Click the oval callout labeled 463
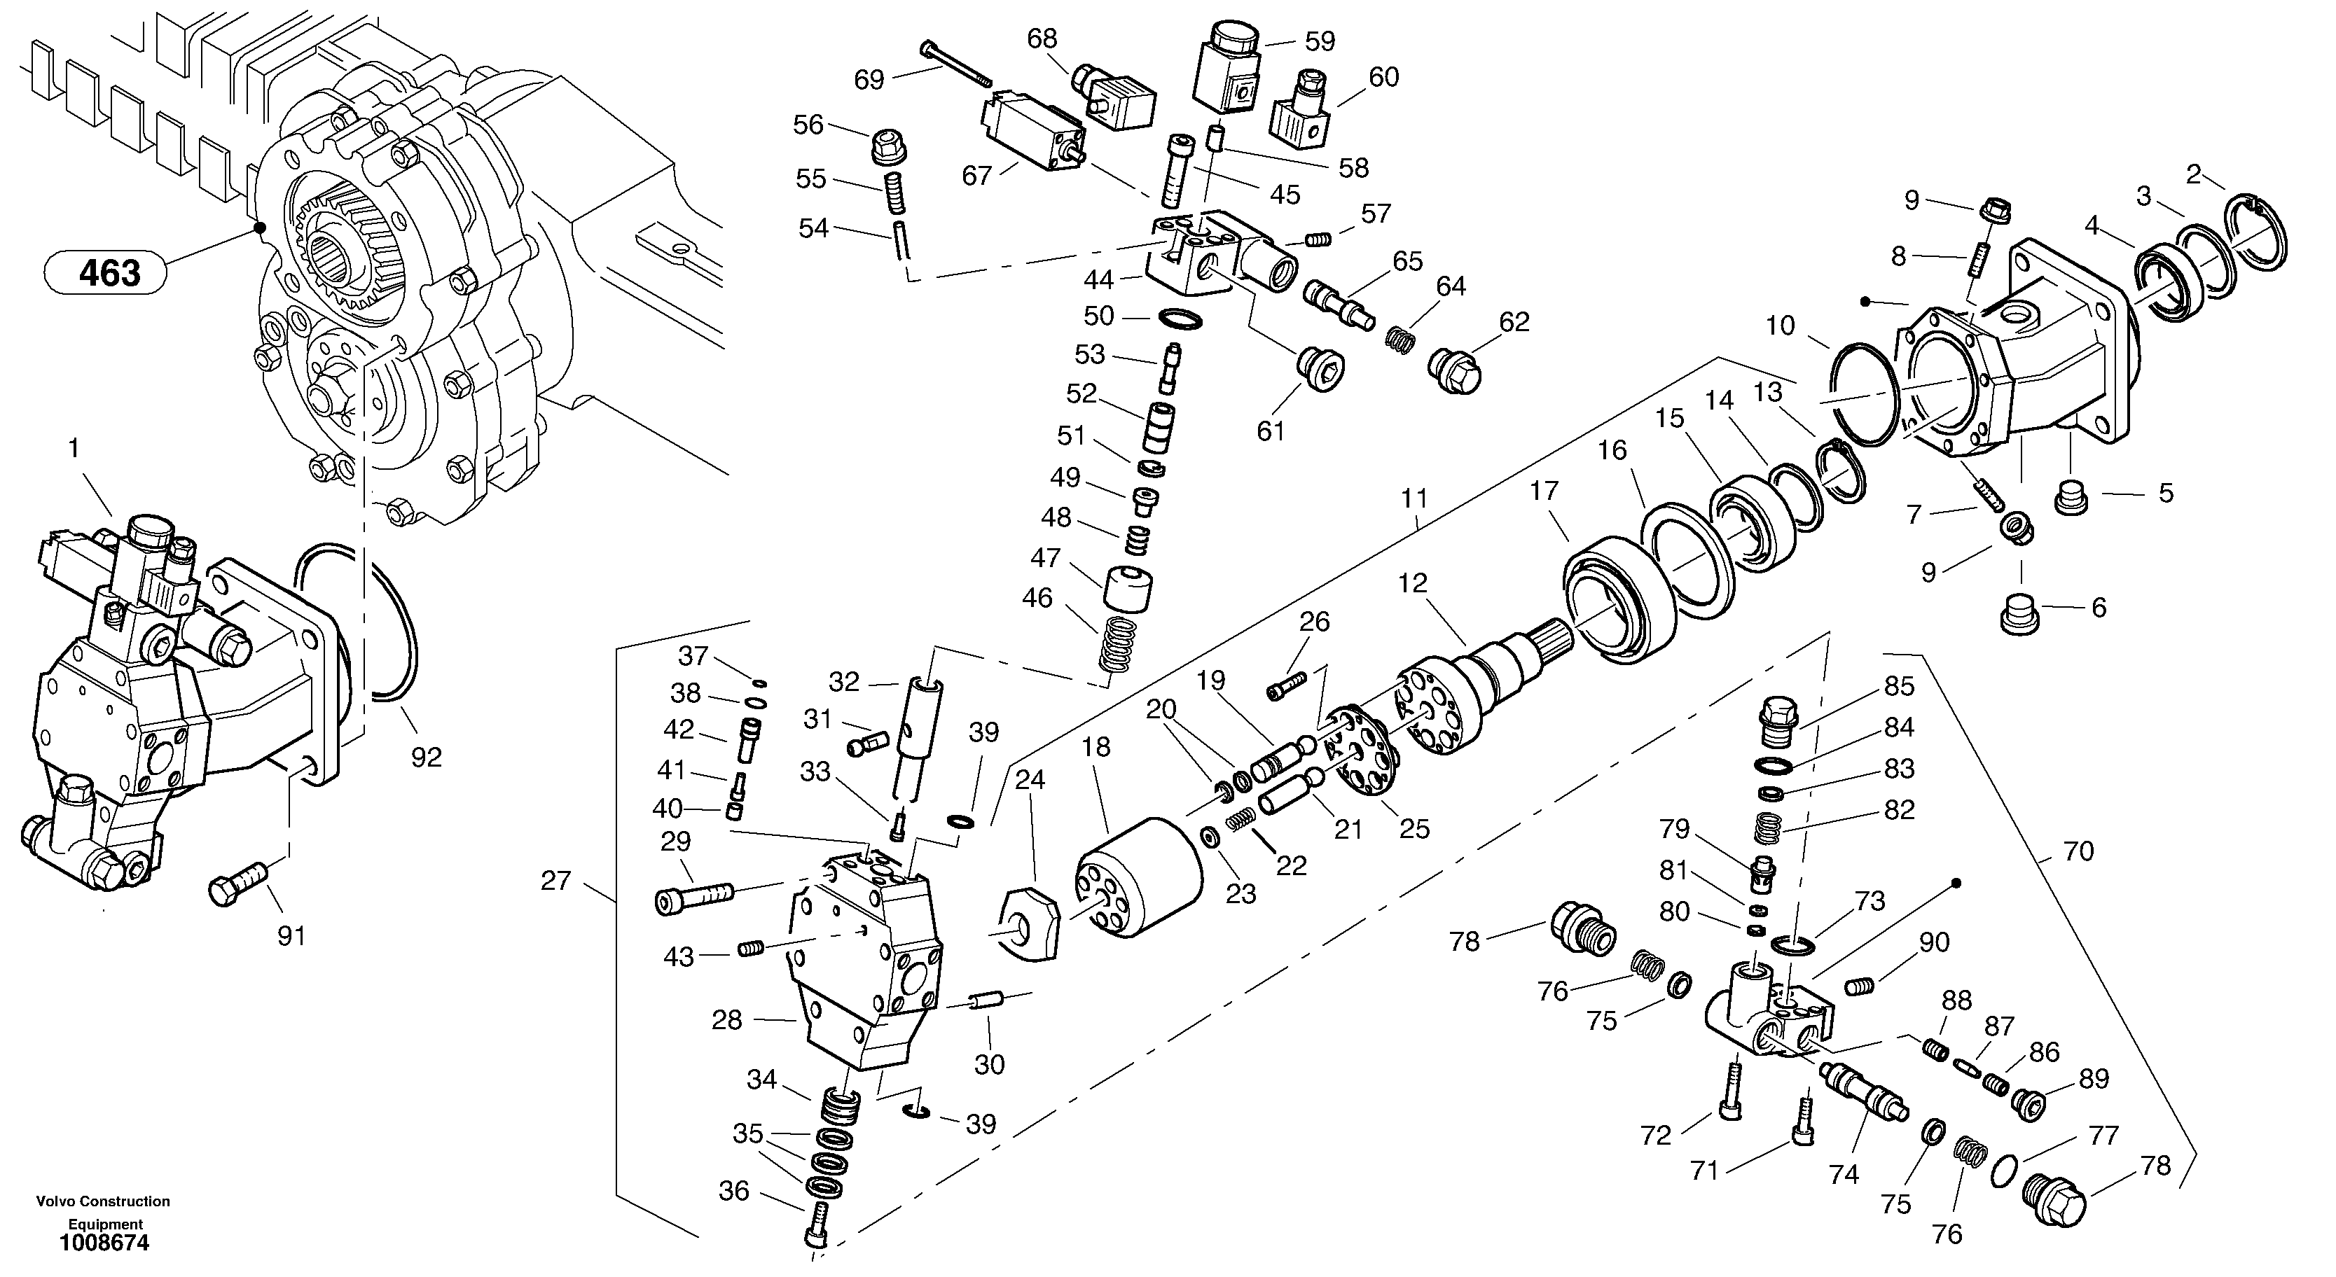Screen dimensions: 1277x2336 coord(106,272)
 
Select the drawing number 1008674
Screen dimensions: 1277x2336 coord(104,1243)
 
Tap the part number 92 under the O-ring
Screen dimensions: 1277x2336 coord(426,758)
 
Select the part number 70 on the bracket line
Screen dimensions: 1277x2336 coord(2078,851)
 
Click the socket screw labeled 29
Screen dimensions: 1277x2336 coord(693,898)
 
